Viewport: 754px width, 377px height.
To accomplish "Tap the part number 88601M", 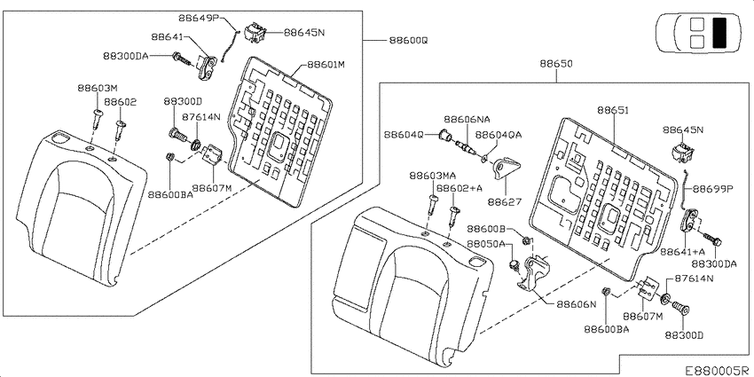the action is pos(327,65).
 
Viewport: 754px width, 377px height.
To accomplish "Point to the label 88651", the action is pos(614,110).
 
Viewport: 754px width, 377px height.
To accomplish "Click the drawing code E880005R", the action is pos(718,370).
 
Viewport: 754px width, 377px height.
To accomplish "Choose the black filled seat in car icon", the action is pos(720,33).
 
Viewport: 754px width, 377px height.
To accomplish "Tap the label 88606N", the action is pos(577,304).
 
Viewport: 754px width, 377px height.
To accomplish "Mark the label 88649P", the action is pos(199,18).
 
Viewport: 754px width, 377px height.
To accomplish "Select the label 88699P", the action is pos(712,189).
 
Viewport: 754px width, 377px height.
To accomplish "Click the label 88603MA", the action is pos(433,176).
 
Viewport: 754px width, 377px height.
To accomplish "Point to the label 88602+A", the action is pos(459,189).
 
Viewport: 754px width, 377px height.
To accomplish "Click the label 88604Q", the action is pos(404,136).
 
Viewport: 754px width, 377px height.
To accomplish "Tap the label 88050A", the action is pos(485,244).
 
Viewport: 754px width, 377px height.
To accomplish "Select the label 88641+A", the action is pos(682,252).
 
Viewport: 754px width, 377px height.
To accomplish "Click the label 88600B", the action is pos(488,228).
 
